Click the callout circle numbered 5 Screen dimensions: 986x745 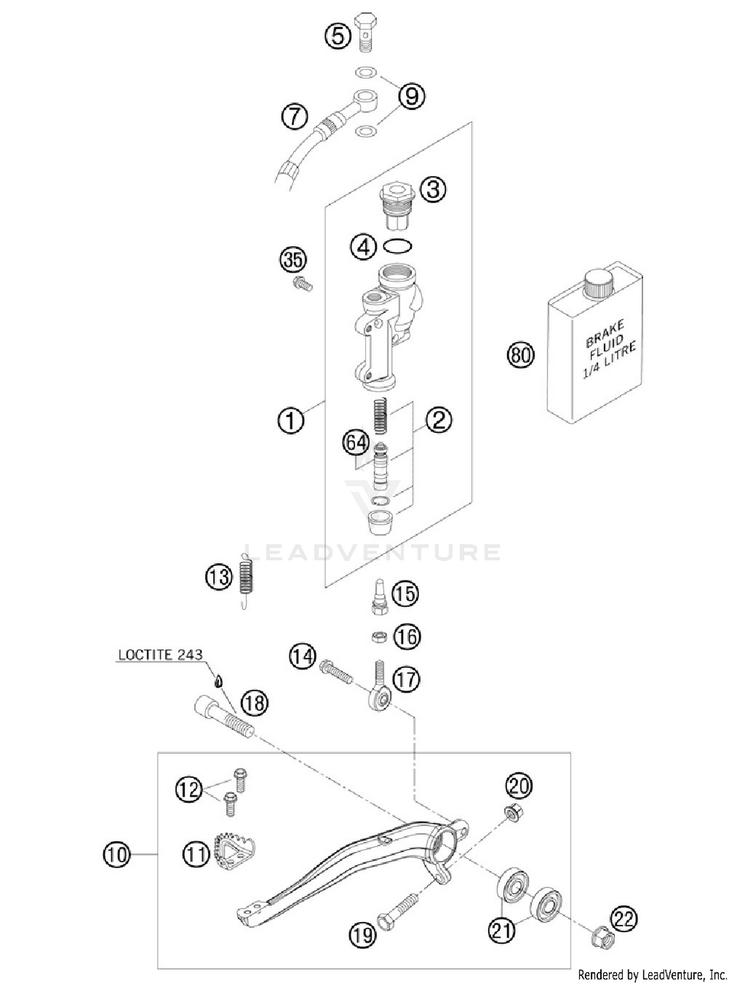point(338,36)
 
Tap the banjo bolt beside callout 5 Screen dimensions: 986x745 point(366,31)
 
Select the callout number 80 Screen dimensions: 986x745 point(521,356)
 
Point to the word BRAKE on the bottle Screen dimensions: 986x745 point(604,334)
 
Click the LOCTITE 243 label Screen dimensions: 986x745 point(160,655)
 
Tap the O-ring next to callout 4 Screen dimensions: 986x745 point(398,245)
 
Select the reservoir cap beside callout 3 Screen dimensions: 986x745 point(396,205)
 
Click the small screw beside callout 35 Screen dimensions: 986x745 point(302,284)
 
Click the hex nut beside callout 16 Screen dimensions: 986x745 point(379,636)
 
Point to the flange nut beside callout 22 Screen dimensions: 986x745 point(602,938)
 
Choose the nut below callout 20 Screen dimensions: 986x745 point(512,813)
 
